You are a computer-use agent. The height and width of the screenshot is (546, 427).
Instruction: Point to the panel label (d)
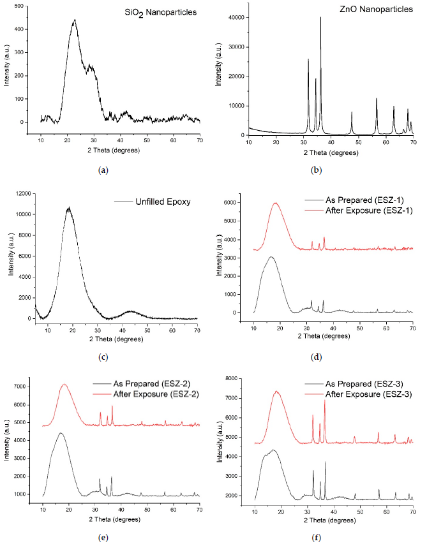(317, 357)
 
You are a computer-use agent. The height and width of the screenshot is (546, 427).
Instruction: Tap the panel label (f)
(317, 537)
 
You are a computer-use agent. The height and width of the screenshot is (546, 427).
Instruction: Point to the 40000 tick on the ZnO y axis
(235, 18)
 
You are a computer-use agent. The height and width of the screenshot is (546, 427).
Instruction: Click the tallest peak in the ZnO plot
(320, 18)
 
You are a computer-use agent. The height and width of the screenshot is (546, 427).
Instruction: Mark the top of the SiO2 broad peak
(75, 20)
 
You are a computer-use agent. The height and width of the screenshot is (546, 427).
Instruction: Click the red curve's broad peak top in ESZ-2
(64, 385)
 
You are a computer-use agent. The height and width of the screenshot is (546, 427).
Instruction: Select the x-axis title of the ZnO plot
(331, 153)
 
